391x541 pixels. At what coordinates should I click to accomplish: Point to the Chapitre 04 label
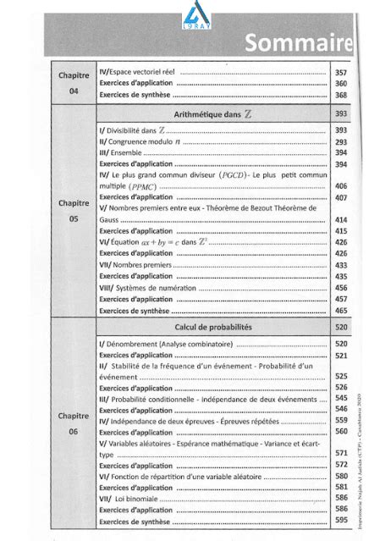click(74, 83)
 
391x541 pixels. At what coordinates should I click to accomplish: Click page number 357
click(341, 73)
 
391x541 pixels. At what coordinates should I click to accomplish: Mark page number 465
click(341, 311)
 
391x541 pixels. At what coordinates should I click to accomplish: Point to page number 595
click(341, 521)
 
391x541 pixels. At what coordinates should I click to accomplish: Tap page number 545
click(341, 397)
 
